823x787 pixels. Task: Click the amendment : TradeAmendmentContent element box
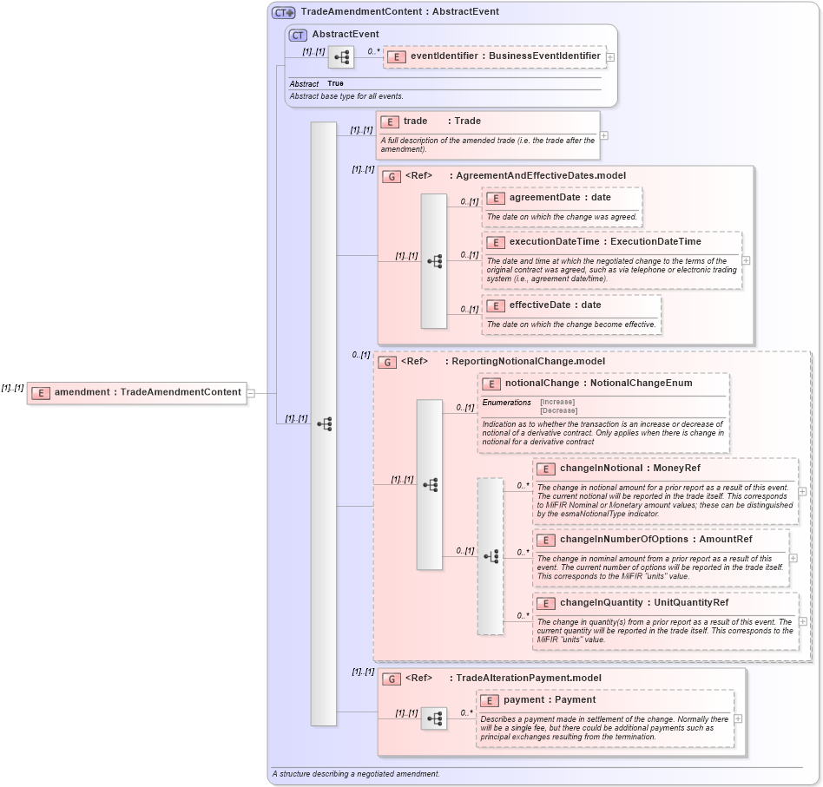136,392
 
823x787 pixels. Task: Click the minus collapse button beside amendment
251,392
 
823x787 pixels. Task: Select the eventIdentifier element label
504,56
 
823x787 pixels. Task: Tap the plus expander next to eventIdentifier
611,57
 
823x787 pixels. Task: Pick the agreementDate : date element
560,198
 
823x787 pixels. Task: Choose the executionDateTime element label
604,242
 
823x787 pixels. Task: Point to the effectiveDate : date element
555,305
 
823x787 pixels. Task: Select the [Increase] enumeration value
558,403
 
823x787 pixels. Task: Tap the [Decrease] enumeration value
558,410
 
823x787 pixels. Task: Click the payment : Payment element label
549,700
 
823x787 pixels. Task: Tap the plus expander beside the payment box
738,718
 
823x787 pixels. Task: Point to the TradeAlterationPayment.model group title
529,678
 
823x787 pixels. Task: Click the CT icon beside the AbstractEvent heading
298,35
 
